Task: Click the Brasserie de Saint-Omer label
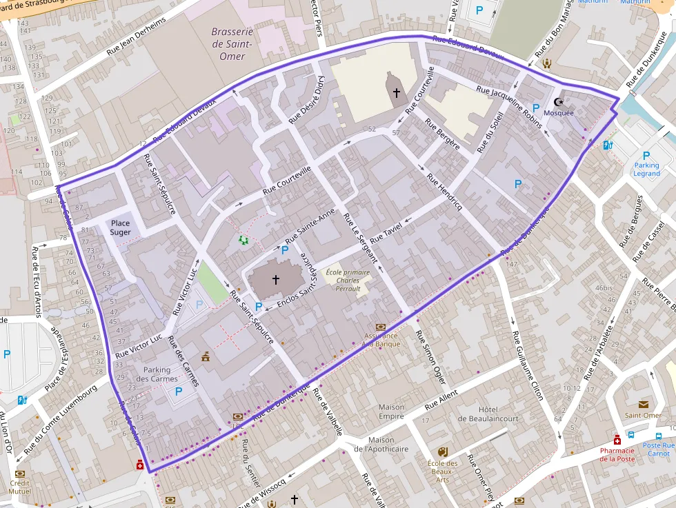click(x=232, y=43)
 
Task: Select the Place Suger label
click(x=120, y=227)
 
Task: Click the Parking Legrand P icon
click(x=646, y=156)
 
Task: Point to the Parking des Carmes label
click(x=157, y=374)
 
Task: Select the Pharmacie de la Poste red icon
click(x=617, y=439)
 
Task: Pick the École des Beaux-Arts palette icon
click(x=442, y=451)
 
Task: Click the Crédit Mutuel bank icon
click(x=19, y=474)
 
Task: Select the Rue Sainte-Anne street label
click(x=310, y=224)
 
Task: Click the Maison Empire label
click(x=391, y=412)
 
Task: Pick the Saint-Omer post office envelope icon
click(x=644, y=405)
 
